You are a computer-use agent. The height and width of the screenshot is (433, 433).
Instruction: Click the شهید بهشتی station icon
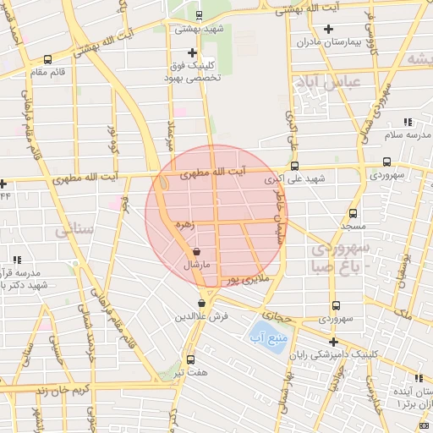(199, 14)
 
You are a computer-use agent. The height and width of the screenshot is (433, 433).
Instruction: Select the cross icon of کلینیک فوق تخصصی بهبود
(194, 52)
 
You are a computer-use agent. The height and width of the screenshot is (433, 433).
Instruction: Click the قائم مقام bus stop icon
(47, 59)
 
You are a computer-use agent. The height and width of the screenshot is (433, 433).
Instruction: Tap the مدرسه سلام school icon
(407, 122)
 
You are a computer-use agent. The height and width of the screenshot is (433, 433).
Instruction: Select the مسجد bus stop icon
(354, 213)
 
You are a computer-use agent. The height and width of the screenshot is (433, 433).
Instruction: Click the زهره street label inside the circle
(183, 226)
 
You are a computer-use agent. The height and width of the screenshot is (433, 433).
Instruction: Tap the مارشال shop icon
(197, 251)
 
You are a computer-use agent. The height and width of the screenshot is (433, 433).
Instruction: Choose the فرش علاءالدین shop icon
(201, 303)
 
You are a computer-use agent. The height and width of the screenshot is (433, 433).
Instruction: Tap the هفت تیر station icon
(189, 359)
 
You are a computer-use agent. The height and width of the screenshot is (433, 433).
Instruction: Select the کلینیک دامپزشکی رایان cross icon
(334, 343)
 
